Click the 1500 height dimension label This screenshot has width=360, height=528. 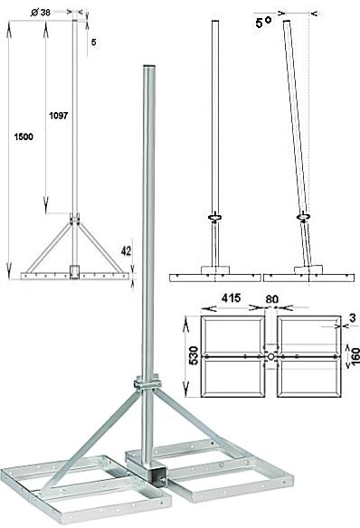tap(24, 137)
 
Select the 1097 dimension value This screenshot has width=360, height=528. tap(59, 116)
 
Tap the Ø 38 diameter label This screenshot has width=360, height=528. tap(41, 13)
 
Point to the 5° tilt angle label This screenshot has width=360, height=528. tap(263, 23)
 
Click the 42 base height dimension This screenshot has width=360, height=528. tap(126, 250)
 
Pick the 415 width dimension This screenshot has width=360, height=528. tap(231, 297)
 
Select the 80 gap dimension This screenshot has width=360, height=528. tap(271, 299)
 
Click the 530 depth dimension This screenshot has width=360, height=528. tap(194, 355)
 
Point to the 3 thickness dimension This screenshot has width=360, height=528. tap(352, 317)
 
